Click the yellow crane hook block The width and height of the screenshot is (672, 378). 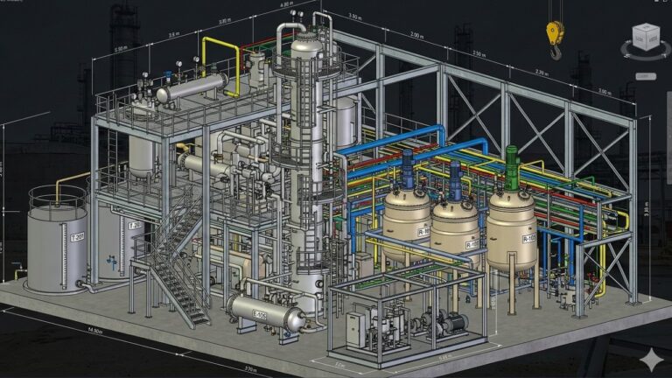(555, 33)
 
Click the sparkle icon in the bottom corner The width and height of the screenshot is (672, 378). (650, 360)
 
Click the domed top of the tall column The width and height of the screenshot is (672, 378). (305, 45)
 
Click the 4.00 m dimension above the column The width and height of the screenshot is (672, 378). (285, 4)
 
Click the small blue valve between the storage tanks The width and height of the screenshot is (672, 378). (111, 260)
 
